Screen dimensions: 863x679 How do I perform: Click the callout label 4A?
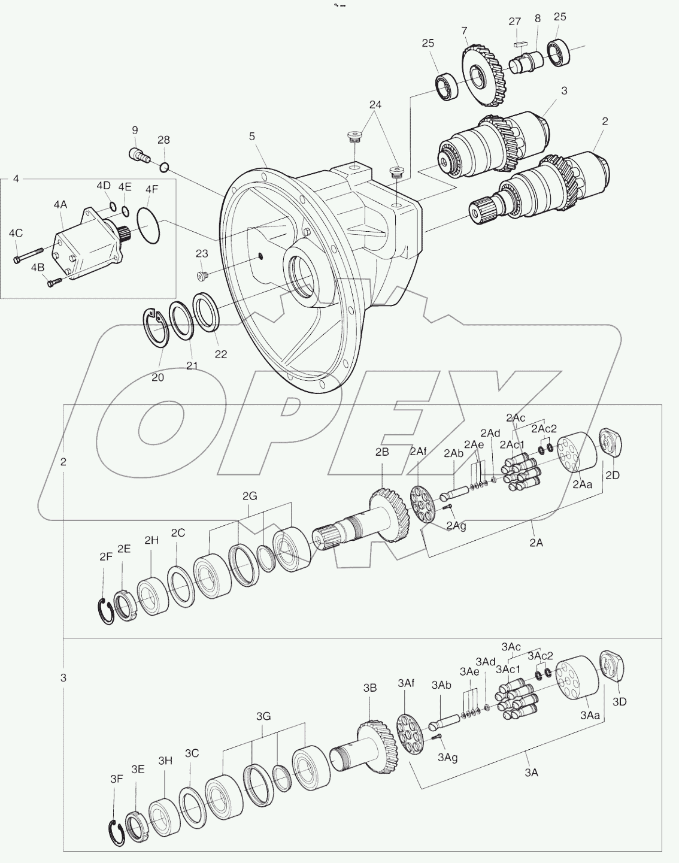tap(60, 205)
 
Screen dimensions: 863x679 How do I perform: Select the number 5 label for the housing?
tap(252, 137)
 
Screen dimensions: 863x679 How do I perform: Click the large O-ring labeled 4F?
tap(148, 225)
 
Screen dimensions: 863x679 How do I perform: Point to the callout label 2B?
tap(382, 452)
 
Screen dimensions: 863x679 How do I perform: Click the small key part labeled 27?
tap(519, 44)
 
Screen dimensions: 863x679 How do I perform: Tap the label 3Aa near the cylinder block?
tap(589, 715)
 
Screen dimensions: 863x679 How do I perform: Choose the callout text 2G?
tap(250, 496)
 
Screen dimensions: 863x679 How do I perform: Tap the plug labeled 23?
tap(202, 275)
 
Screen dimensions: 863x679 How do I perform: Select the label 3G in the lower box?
tap(263, 716)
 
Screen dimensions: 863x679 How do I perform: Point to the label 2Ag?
tap(456, 526)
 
